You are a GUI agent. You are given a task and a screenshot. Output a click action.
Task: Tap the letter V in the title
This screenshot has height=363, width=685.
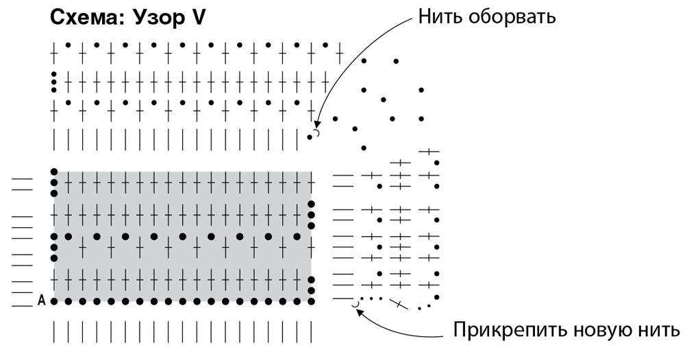(198, 18)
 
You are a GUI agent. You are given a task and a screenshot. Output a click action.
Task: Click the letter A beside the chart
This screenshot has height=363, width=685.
(42, 301)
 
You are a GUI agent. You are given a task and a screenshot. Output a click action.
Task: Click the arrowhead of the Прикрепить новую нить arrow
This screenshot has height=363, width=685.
(360, 310)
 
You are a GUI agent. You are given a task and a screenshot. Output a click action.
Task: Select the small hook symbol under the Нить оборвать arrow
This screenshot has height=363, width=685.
(316, 132)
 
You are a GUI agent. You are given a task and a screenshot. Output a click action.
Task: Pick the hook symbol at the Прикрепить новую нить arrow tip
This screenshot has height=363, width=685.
(355, 303)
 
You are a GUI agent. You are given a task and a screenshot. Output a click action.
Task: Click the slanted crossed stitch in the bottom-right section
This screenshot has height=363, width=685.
(397, 303)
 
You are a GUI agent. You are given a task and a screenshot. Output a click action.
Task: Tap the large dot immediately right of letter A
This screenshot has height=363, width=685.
(54, 301)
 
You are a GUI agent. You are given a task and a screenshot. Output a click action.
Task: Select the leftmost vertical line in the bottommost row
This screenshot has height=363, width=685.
(54, 331)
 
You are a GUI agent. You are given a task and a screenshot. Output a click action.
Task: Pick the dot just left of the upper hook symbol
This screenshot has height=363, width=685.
(310, 137)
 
